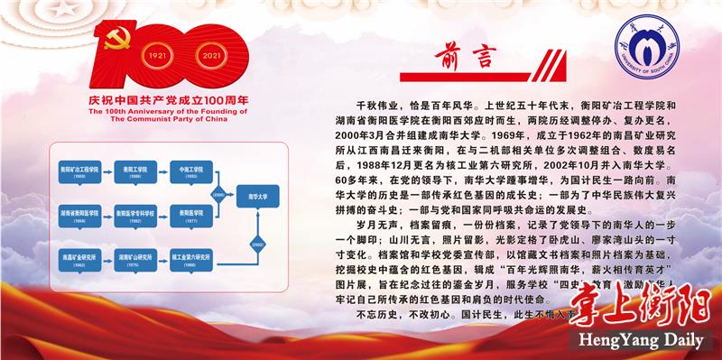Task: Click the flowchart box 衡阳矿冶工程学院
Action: pos(81,171)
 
